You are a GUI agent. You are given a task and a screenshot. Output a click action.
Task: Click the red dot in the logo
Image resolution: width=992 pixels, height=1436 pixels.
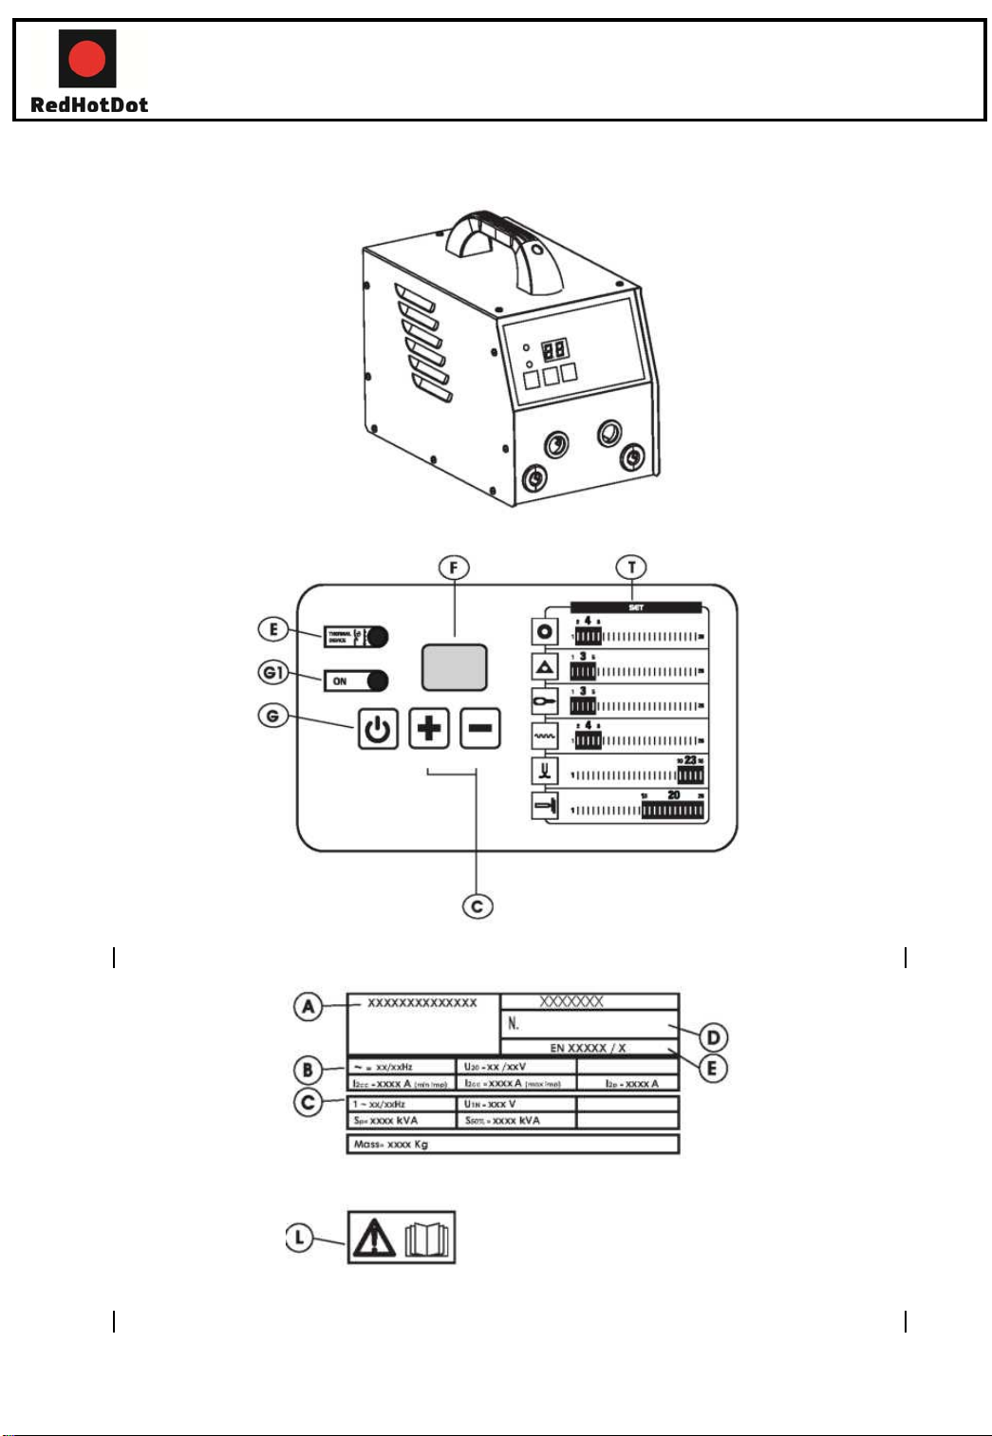pyautogui.click(x=87, y=59)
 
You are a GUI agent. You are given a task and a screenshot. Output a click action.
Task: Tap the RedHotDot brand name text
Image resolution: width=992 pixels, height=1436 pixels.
pyautogui.click(x=89, y=105)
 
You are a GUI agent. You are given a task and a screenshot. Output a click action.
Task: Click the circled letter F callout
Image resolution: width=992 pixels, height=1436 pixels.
pyautogui.click(x=454, y=568)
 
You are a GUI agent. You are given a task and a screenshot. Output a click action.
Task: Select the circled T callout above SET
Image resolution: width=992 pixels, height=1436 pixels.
pyautogui.click(x=631, y=568)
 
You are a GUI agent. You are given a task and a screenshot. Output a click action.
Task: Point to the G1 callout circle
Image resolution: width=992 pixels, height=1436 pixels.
pyautogui.click(x=273, y=673)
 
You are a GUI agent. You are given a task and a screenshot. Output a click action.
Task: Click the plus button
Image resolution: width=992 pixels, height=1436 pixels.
pyautogui.click(x=429, y=729)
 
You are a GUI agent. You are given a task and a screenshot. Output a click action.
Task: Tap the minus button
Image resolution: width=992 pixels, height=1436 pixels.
pyautogui.click(x=480, y=729)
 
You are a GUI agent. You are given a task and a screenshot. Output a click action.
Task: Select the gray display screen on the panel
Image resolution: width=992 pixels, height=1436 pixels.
pyautogui.click(x=454, y=667)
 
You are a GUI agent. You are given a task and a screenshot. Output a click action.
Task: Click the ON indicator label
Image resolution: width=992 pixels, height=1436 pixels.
pyautogui.click(x=340, y=681)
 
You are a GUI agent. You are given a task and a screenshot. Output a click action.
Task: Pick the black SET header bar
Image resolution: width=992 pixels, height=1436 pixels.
pyautogui.click(x=636, y=607)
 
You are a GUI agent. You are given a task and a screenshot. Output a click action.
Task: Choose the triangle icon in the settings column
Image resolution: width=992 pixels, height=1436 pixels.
pyautogui.click(x=545, y=668)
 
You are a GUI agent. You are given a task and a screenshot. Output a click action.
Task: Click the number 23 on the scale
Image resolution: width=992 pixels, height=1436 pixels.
pyautogui.click(x=690, y=760)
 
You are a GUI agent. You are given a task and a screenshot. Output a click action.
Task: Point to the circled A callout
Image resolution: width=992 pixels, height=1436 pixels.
pyautogui.click(x=308, y=1006)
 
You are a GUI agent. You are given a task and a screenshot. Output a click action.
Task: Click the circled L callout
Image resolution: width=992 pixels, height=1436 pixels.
pyautogui.click(x=300, y=1237)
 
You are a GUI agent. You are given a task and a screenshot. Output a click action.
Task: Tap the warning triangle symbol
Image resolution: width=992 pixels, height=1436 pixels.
pyautogui.click(x=374, y=1239)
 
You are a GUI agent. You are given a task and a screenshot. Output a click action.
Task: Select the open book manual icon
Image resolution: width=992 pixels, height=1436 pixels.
pyautogui.click(x=427, y=1239)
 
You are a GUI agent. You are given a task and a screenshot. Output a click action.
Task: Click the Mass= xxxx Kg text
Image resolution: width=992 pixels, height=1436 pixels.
pyautogui.click(x=391, y=1145)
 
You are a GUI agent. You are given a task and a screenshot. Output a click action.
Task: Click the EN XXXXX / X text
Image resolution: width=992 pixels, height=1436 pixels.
pyautogui.click(x=588, y=1048)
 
